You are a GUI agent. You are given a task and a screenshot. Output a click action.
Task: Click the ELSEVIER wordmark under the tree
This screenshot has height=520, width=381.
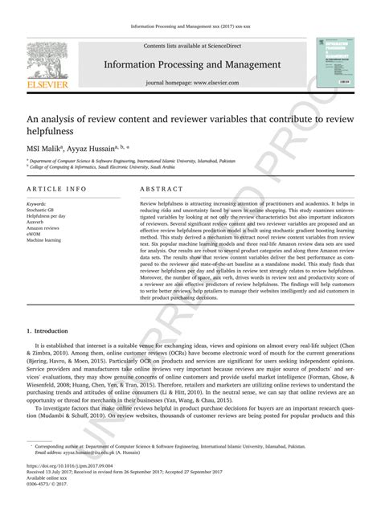pyautogui.click(x=35, y=83)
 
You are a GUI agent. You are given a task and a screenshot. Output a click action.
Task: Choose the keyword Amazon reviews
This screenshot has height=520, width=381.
pyautogui.click(x=43, y=227)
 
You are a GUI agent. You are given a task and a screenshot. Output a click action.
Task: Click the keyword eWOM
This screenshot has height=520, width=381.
pyautogui.click(x=35, y=234)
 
